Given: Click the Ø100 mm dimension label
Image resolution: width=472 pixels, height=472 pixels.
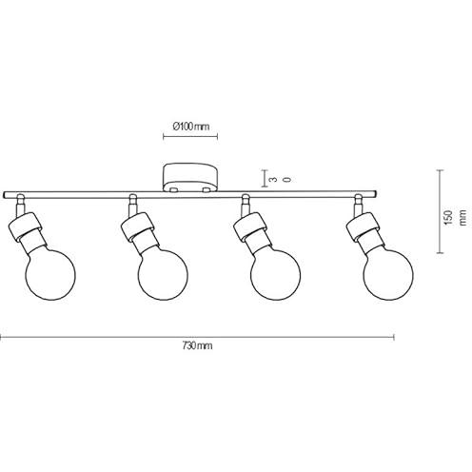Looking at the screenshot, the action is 191,127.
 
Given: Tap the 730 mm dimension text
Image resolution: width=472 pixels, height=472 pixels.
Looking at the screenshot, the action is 197,345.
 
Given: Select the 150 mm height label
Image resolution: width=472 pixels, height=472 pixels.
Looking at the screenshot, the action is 456,218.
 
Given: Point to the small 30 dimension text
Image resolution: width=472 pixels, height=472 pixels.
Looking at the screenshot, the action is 280,180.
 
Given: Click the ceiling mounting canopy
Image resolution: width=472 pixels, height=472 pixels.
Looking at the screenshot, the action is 190,178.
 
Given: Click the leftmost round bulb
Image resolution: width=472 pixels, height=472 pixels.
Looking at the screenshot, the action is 50,275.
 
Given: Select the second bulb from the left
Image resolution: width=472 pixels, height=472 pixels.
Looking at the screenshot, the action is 163,275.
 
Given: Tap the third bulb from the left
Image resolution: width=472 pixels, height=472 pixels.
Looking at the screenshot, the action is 275,275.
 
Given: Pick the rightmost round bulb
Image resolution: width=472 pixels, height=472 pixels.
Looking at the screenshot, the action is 388,275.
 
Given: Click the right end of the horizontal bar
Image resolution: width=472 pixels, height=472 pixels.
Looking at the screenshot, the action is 376,194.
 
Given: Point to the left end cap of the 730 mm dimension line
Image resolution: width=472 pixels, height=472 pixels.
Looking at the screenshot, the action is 1,337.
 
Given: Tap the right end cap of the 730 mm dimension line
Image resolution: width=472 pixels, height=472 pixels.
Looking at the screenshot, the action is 394,337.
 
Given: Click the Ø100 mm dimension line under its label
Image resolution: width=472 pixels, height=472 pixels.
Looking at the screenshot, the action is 190,137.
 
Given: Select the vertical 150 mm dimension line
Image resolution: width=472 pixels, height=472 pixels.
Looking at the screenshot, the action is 440,211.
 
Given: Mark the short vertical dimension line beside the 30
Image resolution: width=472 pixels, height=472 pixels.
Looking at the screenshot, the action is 264,179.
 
